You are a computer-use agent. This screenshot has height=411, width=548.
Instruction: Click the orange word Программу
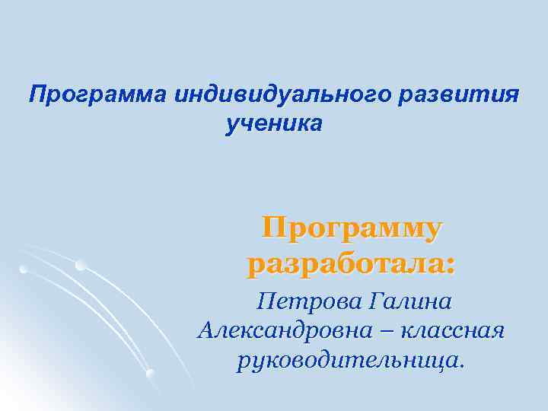click(x=352, y=228)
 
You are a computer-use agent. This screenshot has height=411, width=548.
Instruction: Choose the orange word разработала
click(x=346, y=265)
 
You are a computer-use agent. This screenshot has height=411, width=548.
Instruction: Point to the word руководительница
click(x=347, y=360)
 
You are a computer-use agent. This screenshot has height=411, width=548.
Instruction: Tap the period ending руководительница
click(x=460, y=366)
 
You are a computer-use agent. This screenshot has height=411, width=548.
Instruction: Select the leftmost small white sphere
click(x=24, y=269)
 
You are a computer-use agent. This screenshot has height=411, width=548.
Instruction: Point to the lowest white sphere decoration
click(x=150, y=372)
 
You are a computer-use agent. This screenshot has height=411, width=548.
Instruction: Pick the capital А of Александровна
click(x=207, y=331)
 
